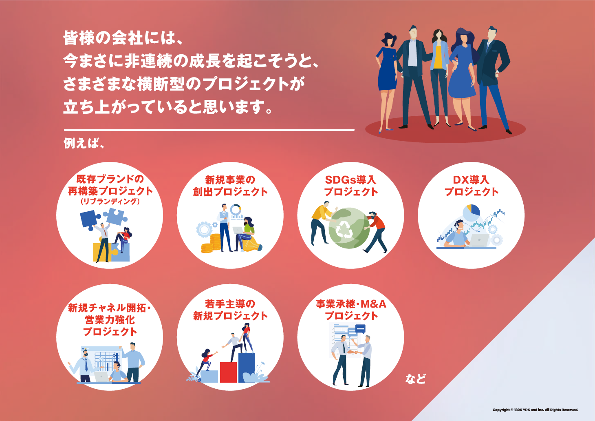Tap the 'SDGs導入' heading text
350,180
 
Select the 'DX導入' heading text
471,180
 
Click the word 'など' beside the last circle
415,379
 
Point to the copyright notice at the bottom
535,410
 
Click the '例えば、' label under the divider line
84,143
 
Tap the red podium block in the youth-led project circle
228,372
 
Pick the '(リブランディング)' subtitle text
110,202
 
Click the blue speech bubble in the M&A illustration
360,328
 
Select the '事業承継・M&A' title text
351,304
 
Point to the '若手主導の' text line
230,304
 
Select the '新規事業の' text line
230,180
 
